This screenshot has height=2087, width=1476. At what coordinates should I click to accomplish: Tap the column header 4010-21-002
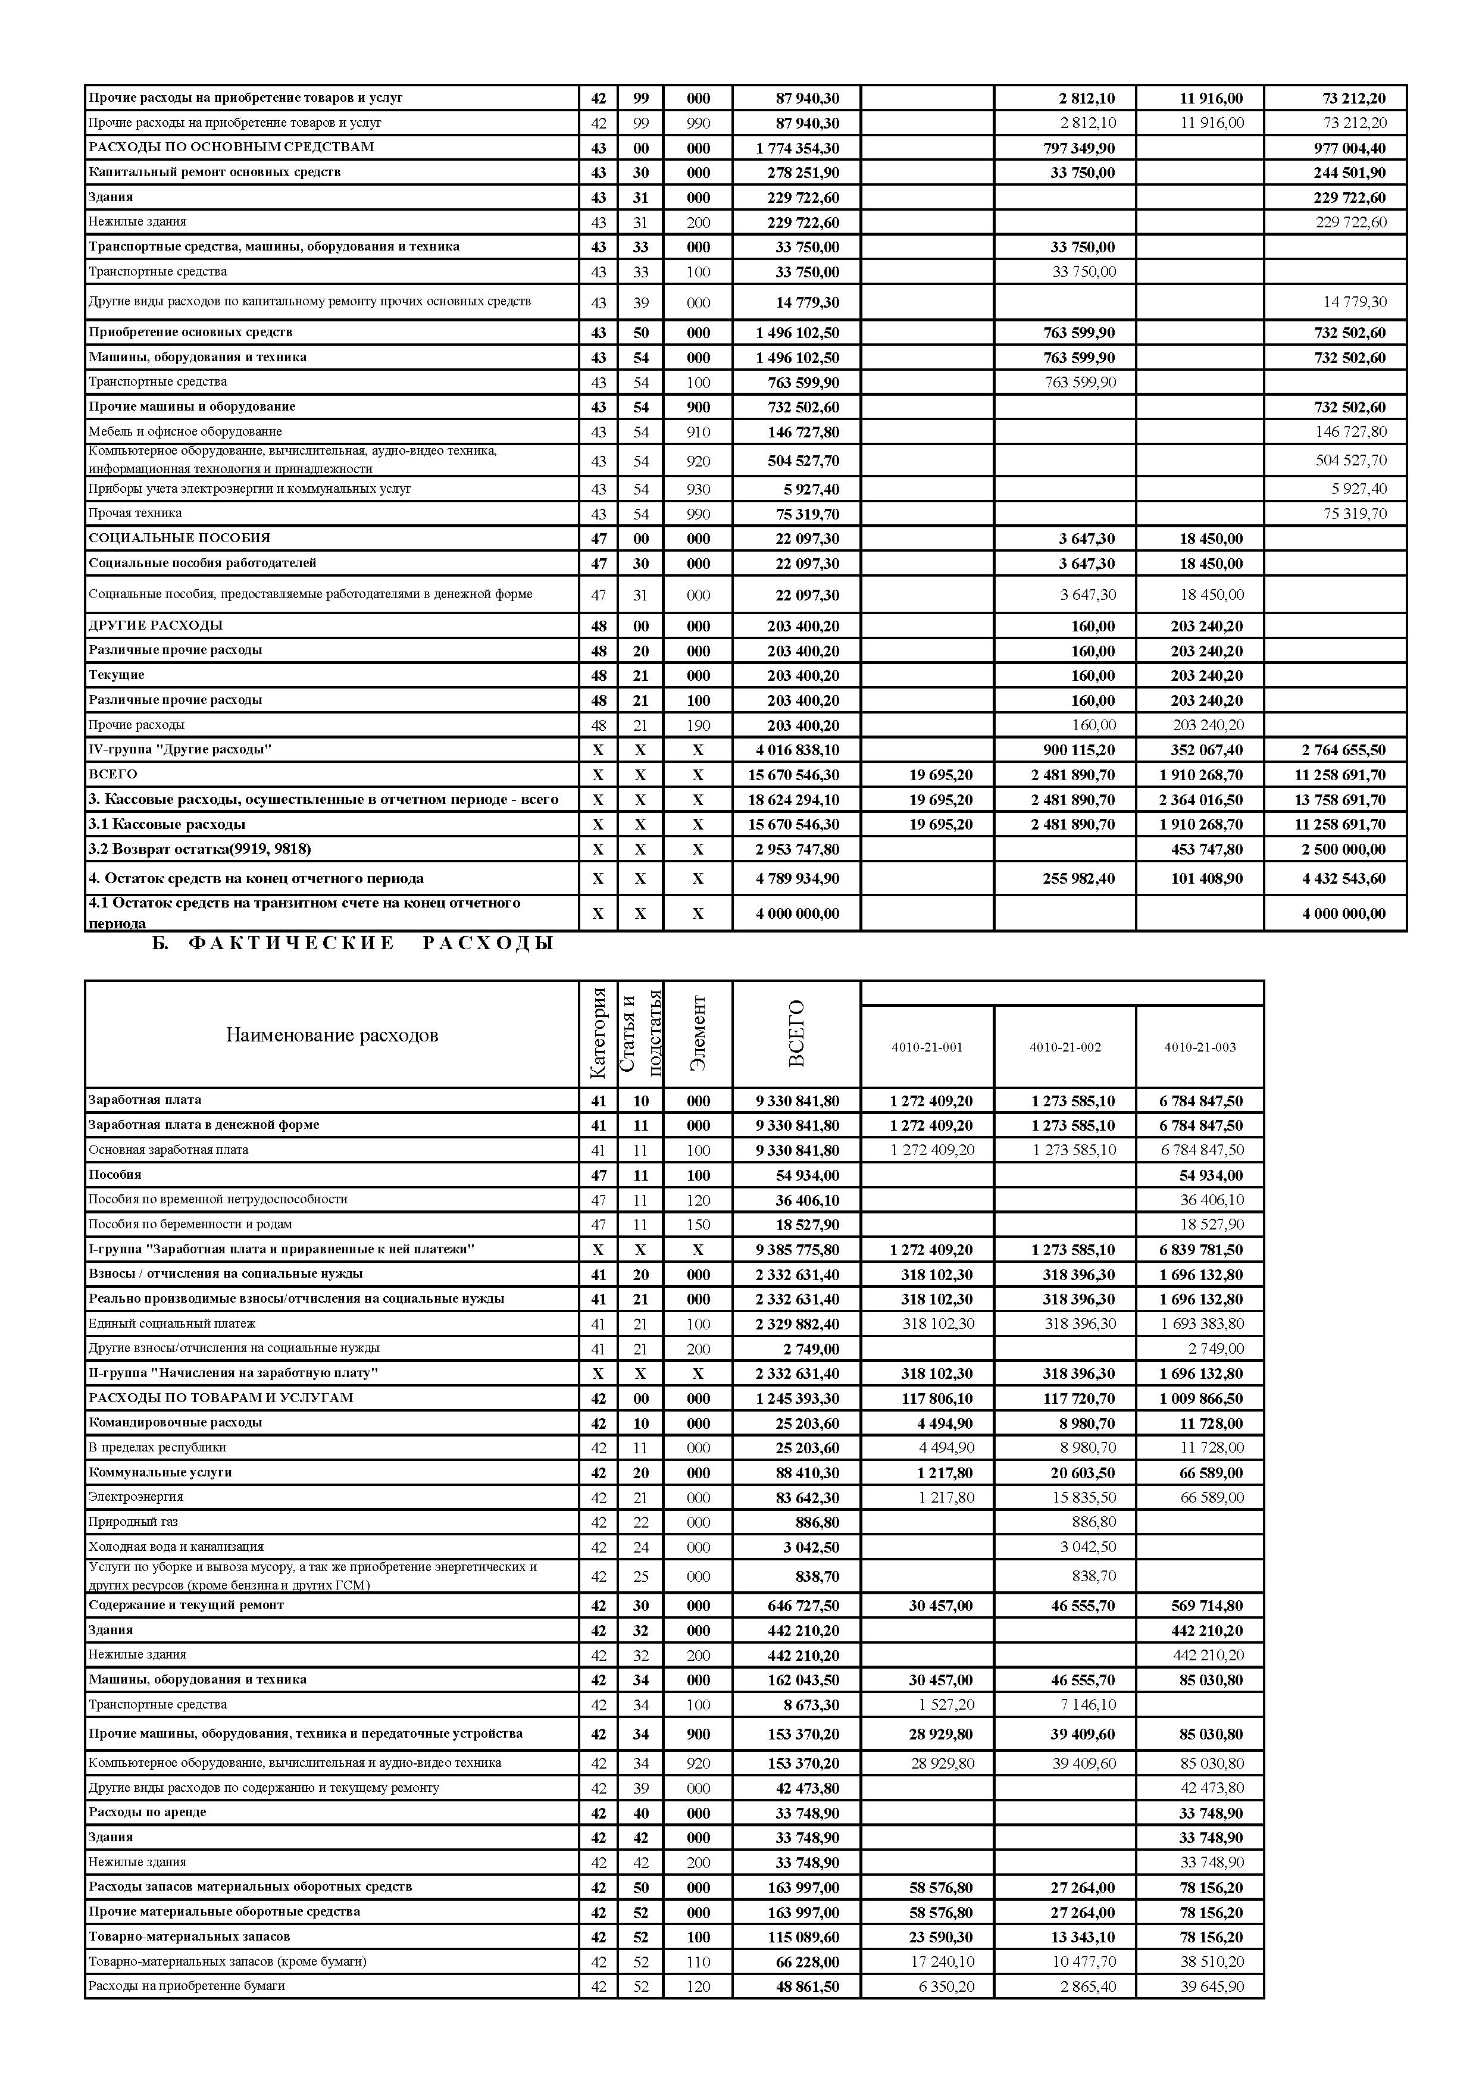[x=1065, y=1047]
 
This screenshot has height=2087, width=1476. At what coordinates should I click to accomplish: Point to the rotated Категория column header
[x=598, y=1034]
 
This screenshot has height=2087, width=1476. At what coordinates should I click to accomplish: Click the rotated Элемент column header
[x=698, y=1034]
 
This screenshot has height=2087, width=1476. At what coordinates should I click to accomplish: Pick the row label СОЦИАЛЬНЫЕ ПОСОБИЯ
[x=179, y=538]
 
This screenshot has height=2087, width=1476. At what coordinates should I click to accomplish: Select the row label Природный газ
[x=133, y=1522]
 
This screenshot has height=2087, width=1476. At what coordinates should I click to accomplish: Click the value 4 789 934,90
[x=797, y=879]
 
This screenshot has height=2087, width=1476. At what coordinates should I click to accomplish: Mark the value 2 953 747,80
[x=797, y=850]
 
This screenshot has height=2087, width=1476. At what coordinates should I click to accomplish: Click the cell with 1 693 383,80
[x=1202, y=1324]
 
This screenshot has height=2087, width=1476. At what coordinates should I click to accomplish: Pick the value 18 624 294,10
[x=797, y=800]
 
